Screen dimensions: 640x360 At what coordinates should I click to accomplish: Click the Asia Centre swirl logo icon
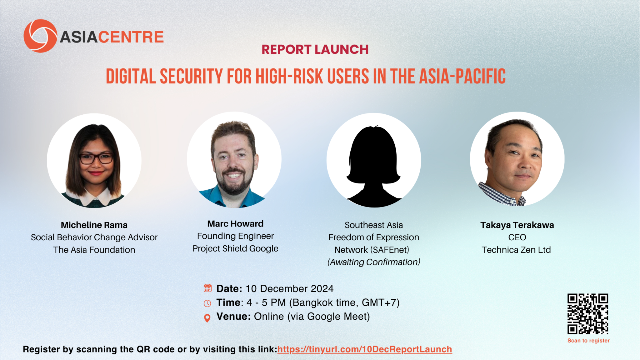point(40,36)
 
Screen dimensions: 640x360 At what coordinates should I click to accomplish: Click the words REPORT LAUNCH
point(315,49)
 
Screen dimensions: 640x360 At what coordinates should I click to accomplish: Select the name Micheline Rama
point(94,225)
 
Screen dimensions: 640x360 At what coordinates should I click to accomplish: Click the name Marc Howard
point(235,224)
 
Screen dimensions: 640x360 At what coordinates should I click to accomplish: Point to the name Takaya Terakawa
point(517,225)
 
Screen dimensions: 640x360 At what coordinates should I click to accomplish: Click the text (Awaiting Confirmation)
point(374,262)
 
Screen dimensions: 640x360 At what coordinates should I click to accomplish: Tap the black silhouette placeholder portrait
point(374,166)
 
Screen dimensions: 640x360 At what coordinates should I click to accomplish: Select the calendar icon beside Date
point(207,288)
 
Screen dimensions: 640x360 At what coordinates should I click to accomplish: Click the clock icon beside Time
point(207,303)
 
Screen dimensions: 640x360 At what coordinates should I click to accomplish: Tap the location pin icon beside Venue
point(207,318)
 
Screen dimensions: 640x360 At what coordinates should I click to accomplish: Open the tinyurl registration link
point(365,349)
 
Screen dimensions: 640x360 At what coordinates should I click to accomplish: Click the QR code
point(588,314)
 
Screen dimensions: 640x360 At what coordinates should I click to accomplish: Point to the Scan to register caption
point(588,341)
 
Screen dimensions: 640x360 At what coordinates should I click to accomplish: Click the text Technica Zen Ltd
point(516,250)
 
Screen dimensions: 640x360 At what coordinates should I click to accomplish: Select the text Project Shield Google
point(235,249)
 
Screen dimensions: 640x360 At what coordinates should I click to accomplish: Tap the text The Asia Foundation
point(94,250)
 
